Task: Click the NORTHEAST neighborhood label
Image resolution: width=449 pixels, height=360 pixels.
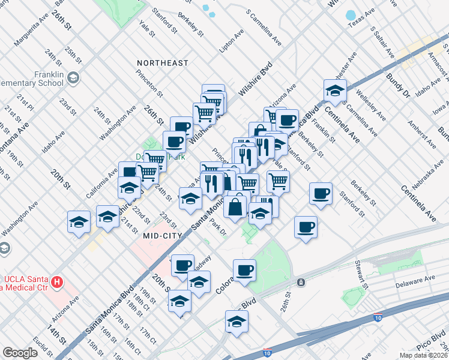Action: click(162, 63)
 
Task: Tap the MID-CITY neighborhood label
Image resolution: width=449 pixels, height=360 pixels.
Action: click(162, 236)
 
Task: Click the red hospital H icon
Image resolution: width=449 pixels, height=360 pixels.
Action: click(56, 281)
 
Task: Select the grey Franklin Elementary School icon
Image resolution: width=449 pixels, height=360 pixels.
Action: click(73, 77)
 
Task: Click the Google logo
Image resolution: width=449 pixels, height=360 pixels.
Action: click(20, 353)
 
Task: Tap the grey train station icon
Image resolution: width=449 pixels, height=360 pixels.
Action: click(300, 281)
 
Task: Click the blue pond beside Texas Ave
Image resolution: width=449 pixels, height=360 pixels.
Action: click(351, 15)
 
